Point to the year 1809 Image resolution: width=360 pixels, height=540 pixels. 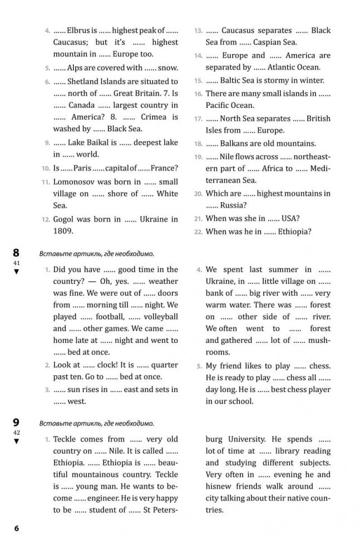pyautogui.click(x=63, y=230)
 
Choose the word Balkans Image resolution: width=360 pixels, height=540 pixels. pyautogui.click(x=236, y=143)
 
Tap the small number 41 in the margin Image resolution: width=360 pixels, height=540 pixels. pyautogui.click(x=16, y=262)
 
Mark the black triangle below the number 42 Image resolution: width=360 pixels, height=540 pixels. pyautogui.click(x=16, y=441)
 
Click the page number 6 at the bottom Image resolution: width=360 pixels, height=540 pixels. pyautogui.click(x=16, y=528)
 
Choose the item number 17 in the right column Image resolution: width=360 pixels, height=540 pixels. pyautogui.click(x=198, y=119)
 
